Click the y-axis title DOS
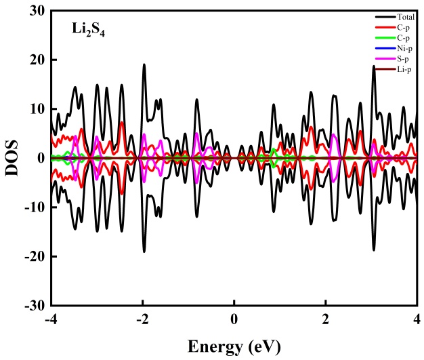pyautogui.click(x=13, y=158)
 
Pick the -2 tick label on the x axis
pyautogui.click(x=141, y=318)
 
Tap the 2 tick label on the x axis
pyautogui.click(x=326, y=318)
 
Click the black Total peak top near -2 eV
pyautogui.click(x=144, y=64)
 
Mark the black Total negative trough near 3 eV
pyautogui.click(x=373, y=250)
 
